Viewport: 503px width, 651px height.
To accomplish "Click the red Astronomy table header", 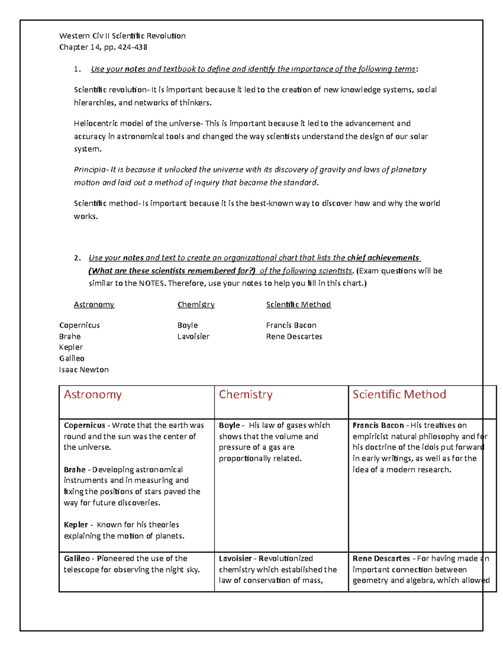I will [x=93, y=394].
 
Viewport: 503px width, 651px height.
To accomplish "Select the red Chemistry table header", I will [x=246, y=394].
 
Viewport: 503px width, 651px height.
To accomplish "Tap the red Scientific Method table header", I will [x=399, y=394].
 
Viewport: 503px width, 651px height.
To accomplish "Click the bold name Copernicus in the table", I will [x=84, y=425].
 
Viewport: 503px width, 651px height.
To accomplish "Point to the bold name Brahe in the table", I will [x=75, y=469].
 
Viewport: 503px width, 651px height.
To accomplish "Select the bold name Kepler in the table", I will [x=75, y=525].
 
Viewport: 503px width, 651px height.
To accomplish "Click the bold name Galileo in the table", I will [x=77, y=558].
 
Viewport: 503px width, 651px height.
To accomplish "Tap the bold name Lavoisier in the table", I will [x=235, y=558].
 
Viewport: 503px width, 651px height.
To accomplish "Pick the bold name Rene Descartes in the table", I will [x=381, y=558].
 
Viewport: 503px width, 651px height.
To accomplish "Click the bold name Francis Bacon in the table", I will [x=378, y=425].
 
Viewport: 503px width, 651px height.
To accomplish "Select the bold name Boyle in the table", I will [x=229, y=425].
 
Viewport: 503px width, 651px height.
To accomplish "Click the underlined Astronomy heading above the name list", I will [x=94, y=305].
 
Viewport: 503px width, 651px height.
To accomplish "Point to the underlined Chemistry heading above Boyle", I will [x=196, y=305].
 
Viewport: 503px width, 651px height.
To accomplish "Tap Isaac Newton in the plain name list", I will [x=84, y=370].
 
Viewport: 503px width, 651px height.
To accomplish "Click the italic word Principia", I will [x=90, y=170].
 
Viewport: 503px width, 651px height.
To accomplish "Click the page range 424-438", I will [x=132, y=47].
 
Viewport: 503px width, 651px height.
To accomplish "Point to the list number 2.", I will [x=77, y=258].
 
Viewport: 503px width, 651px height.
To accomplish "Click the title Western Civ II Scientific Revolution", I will [x=122, y=36].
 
